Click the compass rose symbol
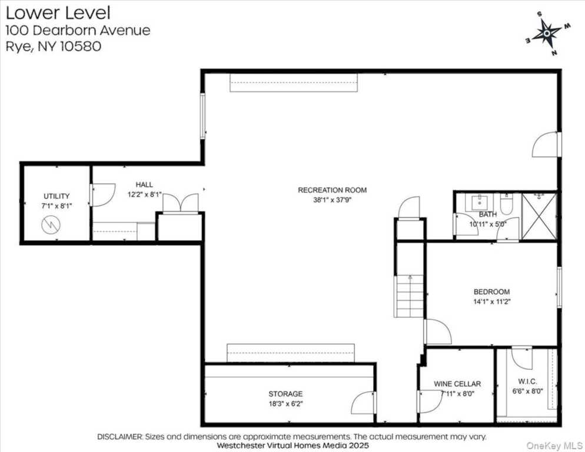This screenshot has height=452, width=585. [x=547, y=34]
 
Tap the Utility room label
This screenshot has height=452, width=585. [x=56, y=196]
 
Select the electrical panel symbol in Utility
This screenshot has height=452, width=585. [x=51, y=225]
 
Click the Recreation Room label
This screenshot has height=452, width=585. [x=332, y=190]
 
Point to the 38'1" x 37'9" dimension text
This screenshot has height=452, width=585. [x=332, y=200]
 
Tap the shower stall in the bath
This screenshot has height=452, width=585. [x=539, y=216]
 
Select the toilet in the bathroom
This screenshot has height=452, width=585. [x=506, y=204]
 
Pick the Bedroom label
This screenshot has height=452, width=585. [x=492, y=292]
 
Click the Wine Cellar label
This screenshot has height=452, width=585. [x=457, y=384]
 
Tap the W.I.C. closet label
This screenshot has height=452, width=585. [x=527, y=381]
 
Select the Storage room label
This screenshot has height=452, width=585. [x=285, y=394]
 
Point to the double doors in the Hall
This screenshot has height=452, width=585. [x=181, y=202]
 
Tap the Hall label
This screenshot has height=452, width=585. [x=144, y=184]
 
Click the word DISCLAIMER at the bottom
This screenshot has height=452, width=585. [x=119, y=436]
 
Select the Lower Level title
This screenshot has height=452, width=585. [x=58, y=13]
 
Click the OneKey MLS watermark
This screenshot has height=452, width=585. [x=554, y=446]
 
